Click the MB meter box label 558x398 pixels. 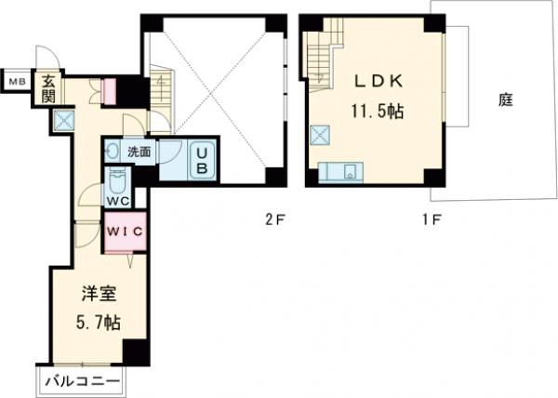(x=17, y=82)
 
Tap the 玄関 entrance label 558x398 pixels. (x=48, y=89)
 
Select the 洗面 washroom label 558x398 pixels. (x=139, y=153)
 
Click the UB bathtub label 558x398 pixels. (x=202, y=161)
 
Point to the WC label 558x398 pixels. (x=118, y=201)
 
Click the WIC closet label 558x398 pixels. (x=126, y=232)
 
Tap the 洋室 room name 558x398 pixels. (x=99, y=294)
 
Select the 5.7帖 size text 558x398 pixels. (x=98, y=323)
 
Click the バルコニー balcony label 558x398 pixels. (x=82, y=382)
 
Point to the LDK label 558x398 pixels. (x=379, y=81)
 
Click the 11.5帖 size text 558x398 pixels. (x=378, y=112)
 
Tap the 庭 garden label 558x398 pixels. (x=506, y=99)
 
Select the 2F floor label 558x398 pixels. (x=274, y=219)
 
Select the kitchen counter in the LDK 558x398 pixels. (x=340, y=172)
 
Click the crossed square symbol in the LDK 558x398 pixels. (x=320, y=135)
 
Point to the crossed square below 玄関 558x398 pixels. (x=64, y=120)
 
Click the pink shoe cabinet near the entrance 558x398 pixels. (x=109, y=91)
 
